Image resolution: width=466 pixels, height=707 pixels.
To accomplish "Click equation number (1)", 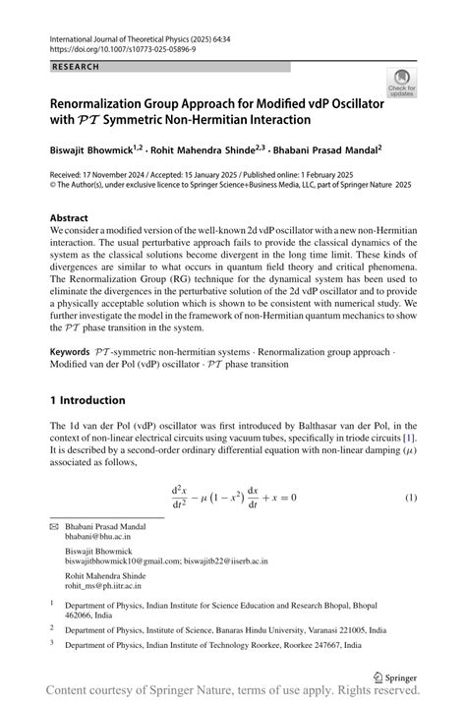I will tap(412, 497).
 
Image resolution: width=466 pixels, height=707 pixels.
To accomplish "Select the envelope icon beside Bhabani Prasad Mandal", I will tap(54, 527).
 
